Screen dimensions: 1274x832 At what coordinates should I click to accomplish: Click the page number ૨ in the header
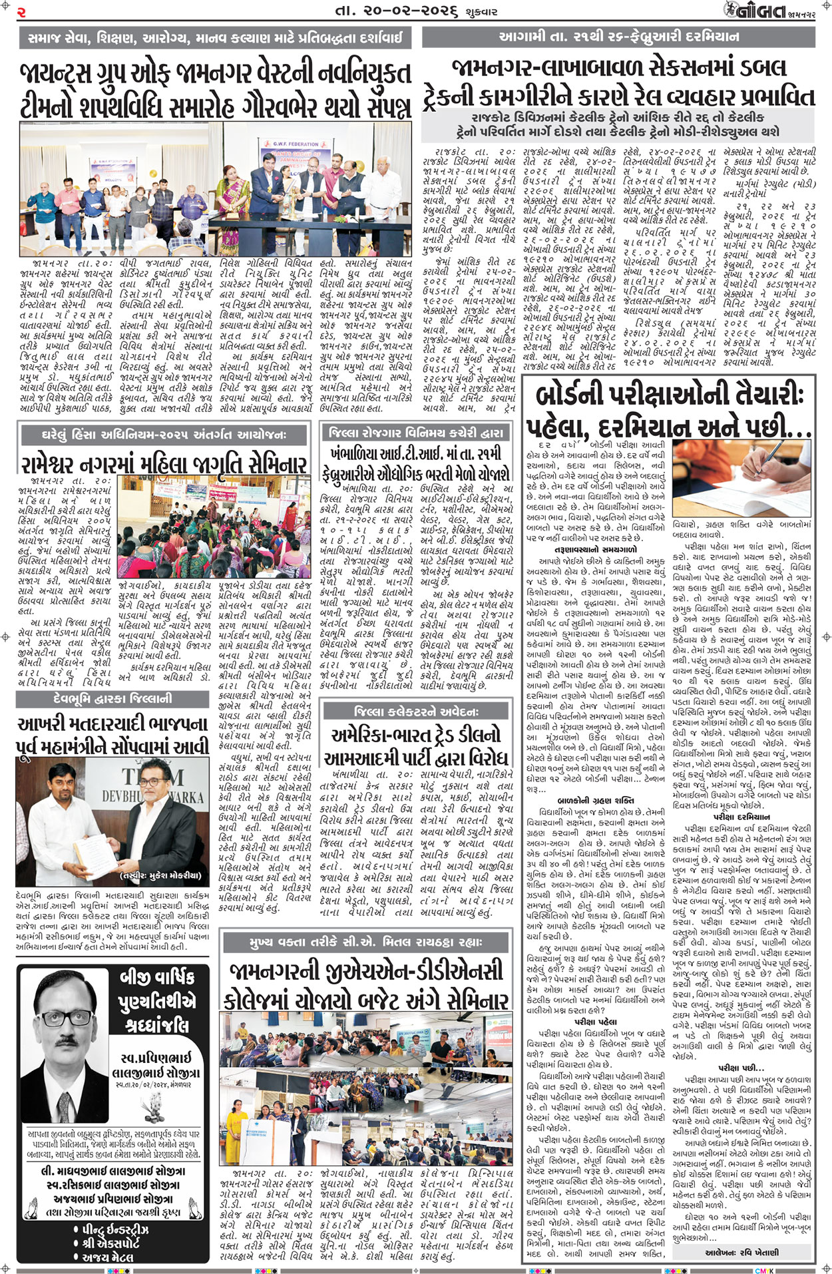[x=21, y=11]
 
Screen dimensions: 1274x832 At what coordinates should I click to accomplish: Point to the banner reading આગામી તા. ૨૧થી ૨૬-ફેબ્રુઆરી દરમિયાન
[x=618, y=37]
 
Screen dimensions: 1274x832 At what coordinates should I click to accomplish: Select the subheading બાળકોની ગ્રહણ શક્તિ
[x=595, y=800]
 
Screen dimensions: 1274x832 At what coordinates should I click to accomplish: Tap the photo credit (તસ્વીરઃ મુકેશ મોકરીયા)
[x=160, y=875]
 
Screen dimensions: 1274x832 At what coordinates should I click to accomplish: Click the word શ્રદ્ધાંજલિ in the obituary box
[x=157, y=1025]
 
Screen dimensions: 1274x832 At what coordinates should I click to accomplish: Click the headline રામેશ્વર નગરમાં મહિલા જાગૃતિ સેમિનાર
[x=164, y=464]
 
